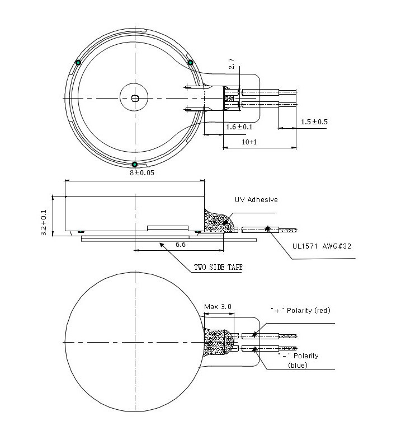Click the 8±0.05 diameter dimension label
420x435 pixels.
click(142, 173)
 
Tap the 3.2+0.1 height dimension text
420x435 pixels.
click(44, 222)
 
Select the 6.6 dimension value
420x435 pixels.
click(180, 245)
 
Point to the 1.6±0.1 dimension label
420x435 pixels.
click(239, 127)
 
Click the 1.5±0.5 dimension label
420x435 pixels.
click(314, 122)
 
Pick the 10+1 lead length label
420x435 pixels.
click(249, 142)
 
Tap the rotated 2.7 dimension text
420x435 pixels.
click(232, 63)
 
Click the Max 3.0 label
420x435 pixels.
click(218, 307)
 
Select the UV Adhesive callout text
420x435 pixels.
click(256, 200)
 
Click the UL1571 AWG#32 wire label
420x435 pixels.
click(322, 246)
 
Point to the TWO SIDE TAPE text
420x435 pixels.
click(218, 267)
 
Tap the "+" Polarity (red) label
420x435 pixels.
click(300, 311)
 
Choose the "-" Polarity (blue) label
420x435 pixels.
click(298, 361)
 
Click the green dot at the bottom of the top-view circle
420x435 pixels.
click(135, 165)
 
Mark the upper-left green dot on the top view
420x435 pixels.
click(78, 62)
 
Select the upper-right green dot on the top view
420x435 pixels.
click(190, 62)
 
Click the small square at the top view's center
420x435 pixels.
click(135, 98)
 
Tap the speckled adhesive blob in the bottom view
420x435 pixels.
click(218, 342)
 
